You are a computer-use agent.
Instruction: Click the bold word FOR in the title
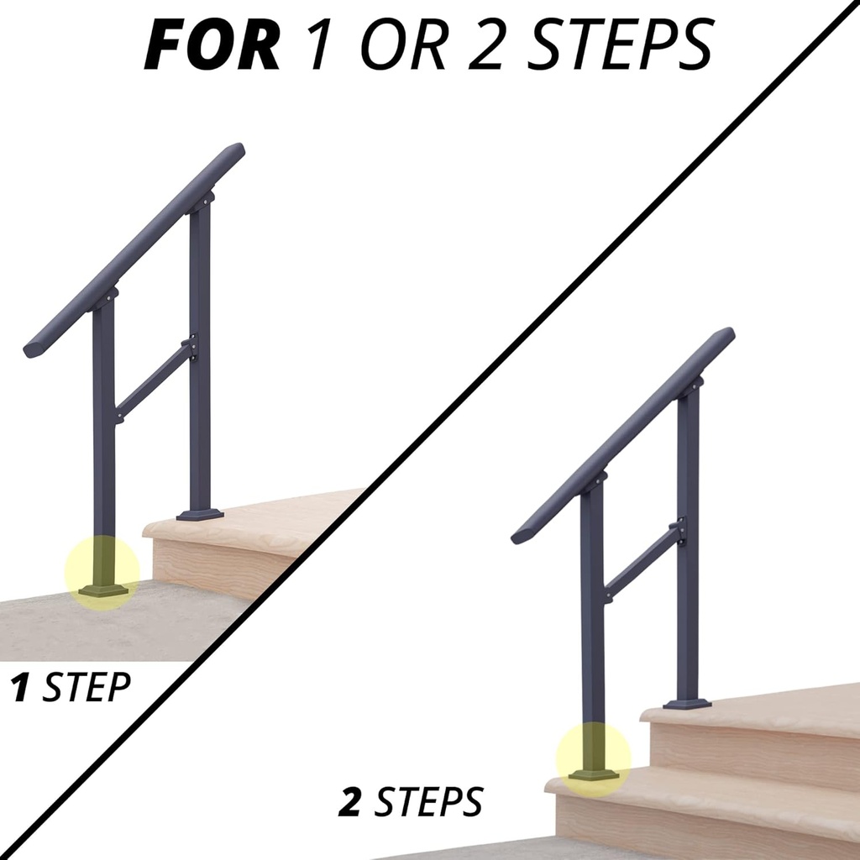coord(212,47)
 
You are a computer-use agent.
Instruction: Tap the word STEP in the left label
coord(87,688)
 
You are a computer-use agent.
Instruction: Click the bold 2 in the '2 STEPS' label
coord(350,803)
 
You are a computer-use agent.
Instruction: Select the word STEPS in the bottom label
coord(429,803)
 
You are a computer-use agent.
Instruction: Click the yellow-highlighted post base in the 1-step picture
coord(102,574)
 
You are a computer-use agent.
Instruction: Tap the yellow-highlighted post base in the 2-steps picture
coord(594,761)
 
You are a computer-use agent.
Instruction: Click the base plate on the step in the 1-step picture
coord(200,514)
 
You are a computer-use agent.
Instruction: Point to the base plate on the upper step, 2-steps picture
coord(687,704)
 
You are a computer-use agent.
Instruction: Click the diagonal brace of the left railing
coord(154,380)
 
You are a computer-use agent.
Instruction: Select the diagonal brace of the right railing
coord(642,562)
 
